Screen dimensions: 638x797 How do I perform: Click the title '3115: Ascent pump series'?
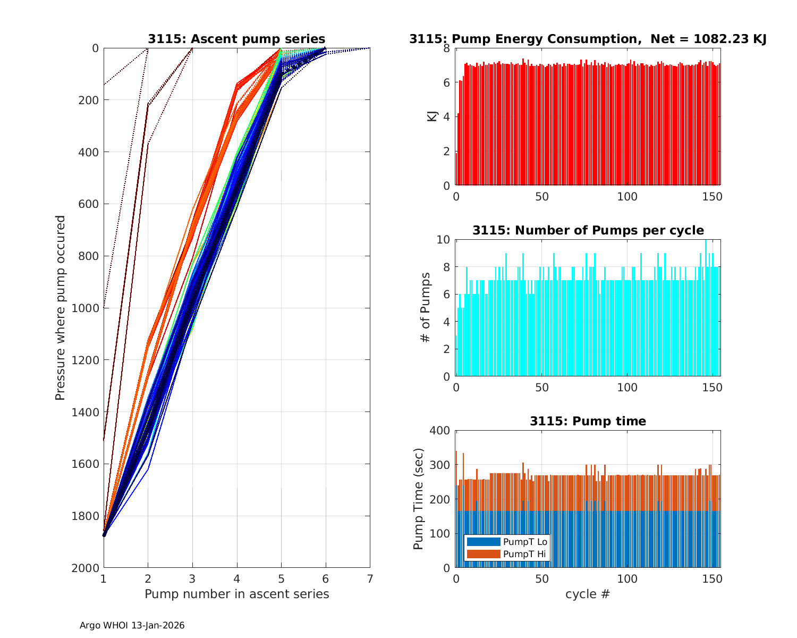click(236, 39)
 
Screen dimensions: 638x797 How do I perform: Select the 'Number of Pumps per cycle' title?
click(588, 230)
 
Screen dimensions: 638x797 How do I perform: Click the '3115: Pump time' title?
click(588, 421)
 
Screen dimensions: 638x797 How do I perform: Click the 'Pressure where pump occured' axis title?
click(60, 308)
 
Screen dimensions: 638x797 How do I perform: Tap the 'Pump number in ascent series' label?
click(236, 594)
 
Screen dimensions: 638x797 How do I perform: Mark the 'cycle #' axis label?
click(588, 594)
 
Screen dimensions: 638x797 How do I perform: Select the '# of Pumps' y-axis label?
click(426, 308)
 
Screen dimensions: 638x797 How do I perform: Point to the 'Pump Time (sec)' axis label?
click(418, 499)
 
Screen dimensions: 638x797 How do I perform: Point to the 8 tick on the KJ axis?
click(446, 48)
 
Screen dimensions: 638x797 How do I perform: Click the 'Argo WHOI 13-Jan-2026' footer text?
click(132, 626)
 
